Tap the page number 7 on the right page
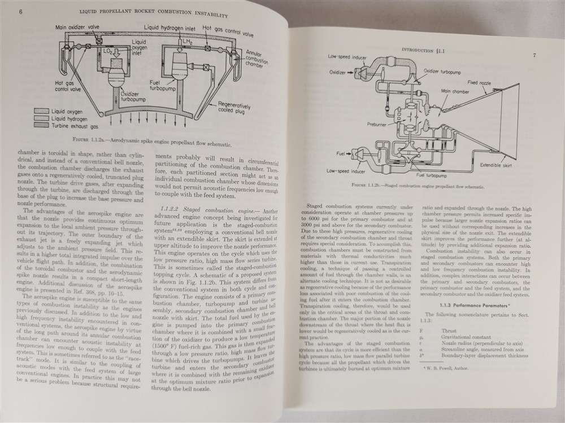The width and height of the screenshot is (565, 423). pyautogui.click(x=533, y=56)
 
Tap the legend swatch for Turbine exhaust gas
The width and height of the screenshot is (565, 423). pyautogui.click(x=44, y=127)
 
